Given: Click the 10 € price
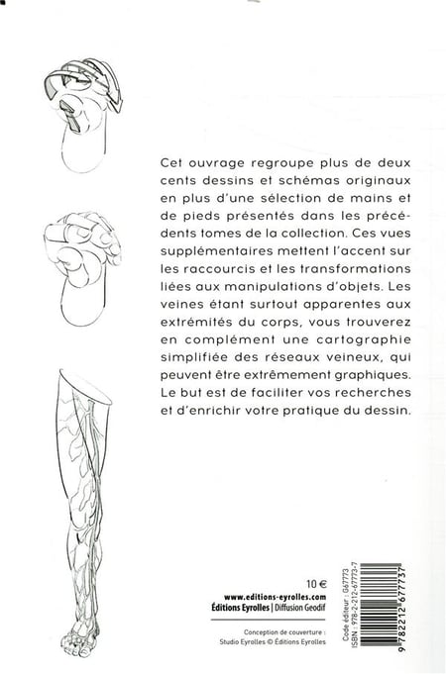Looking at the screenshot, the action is coord(317,584).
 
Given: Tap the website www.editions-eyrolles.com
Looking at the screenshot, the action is coord(276,597).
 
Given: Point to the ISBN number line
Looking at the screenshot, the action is coord(354,604).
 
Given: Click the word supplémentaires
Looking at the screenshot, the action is coord(216,251).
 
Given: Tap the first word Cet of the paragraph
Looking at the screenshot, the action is coord(170,163).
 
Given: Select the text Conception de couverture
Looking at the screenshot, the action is coord(283,631).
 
